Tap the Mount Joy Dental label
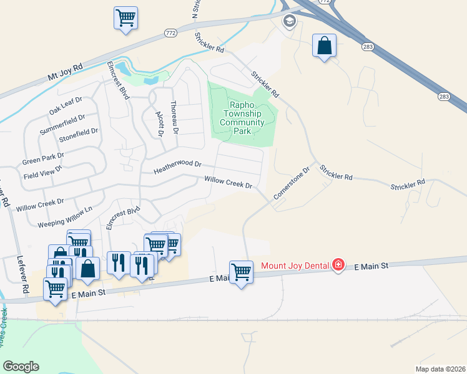[x=295, y=266]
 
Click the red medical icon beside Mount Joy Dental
[x=338, y=265]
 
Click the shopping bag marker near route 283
[x=324, y=46]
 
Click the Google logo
[x=21, y=367]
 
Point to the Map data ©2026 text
[x=440, y=369]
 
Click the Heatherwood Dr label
[x=178, y=166]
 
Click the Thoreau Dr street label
[x=174, y=118]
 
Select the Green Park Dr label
[x=43, y=158]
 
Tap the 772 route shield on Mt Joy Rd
[x=170, y=32]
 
